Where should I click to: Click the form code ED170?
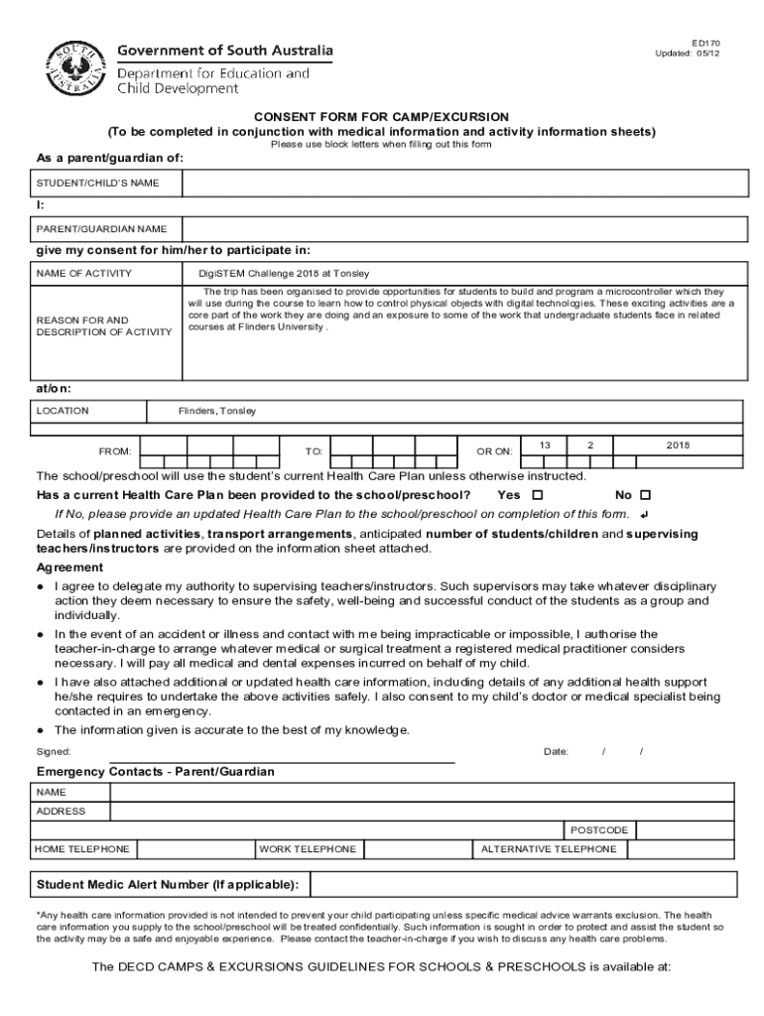(x=705, y=44)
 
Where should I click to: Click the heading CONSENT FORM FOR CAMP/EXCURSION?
(x=382, y=116)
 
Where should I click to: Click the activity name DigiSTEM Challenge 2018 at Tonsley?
(x=270, y=274)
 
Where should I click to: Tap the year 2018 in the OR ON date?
(x=679, y=445)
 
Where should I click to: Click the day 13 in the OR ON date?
(x=545, y=445)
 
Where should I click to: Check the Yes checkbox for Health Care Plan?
(x=538, y=495)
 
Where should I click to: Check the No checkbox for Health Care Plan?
(x=645, y=495)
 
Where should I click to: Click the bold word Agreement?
(x=69, y=568)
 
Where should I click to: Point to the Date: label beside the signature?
(x=556, y=751)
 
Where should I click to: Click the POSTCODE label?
(x=598, y=829)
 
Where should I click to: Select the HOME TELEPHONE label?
(x=82, y=849)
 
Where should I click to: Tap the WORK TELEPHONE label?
(x=308, y=849)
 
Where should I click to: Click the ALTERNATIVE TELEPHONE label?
(x=549, y=849)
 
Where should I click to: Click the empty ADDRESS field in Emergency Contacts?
(x=422, y=812)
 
